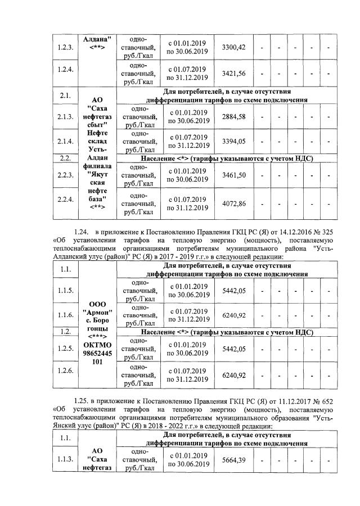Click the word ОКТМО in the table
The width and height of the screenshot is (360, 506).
pos(98,344)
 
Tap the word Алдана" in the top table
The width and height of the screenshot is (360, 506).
pos(98,39)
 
